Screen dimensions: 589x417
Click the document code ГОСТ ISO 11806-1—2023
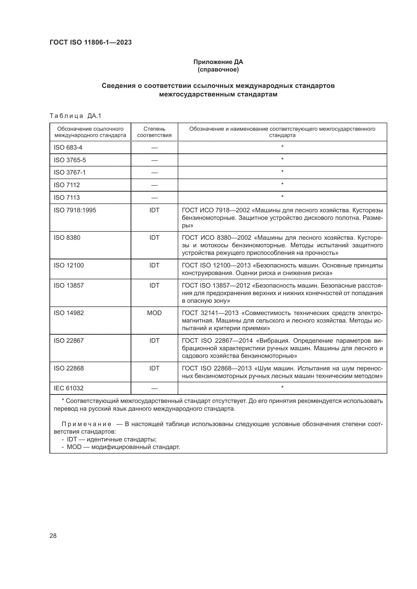91,42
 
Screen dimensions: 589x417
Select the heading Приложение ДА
218,62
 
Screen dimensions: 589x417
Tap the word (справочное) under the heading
218,70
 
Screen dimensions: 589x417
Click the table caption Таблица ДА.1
75,116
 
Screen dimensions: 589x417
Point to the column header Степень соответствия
154,132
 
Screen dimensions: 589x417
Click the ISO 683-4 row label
68,148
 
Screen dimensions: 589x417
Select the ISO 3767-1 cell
70,172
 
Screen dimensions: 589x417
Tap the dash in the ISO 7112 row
154,185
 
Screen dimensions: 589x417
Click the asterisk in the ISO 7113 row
282,197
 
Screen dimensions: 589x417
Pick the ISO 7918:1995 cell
75,210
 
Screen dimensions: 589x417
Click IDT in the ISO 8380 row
154,237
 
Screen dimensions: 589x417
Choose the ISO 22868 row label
69,368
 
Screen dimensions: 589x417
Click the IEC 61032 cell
69,388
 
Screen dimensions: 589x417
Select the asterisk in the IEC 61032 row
282,387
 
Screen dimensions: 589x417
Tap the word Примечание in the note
86,424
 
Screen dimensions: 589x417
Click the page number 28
53,536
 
